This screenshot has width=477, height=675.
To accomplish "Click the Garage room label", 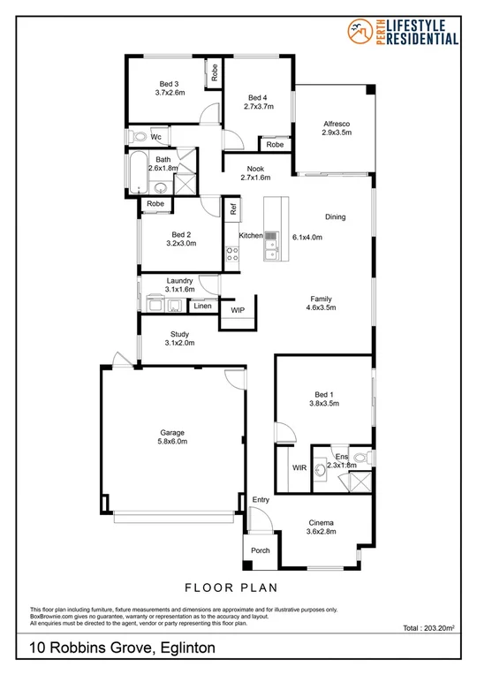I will point(172,432).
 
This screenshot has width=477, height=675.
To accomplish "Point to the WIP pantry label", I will point(238,311).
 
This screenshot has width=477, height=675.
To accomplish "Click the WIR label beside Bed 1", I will point(299,468).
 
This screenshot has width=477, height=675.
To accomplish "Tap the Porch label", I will point(261,550).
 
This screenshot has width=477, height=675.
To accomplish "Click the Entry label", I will point(261,500).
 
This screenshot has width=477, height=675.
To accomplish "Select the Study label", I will point(179,333).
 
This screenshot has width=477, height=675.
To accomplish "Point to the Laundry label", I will point(179,281).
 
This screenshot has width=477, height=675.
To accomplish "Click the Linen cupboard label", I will point(203,306).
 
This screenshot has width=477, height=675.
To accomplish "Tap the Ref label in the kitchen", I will point(234,209).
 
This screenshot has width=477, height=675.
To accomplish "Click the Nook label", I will point(254,168).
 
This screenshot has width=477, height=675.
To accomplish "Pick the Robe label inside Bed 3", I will point(214,72).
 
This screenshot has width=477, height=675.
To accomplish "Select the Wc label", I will point(156,137).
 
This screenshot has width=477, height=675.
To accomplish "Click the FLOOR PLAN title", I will point(238,586).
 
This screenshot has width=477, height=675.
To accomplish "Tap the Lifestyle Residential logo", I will point(405,33).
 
